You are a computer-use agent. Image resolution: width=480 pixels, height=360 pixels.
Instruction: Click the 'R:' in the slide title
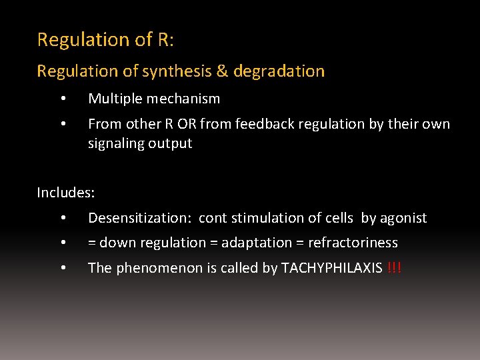point(165,40)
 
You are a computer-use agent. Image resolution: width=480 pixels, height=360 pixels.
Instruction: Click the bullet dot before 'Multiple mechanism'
point(62,99)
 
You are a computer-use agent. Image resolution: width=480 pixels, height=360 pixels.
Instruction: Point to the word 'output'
point(171,143)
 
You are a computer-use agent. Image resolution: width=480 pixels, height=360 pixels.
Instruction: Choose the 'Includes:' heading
point(66,193)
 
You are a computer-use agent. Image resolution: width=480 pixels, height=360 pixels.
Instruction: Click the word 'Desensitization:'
point(141,218)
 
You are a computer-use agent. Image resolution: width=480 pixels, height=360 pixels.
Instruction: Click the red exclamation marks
point(394,268)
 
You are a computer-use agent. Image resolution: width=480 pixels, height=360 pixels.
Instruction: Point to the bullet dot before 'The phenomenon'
point(62,268)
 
